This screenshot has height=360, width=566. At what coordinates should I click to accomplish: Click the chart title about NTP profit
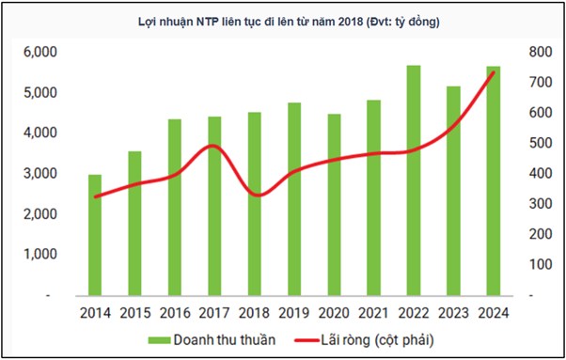pos(283,21)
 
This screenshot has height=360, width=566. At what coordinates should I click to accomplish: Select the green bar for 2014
pos(95,235)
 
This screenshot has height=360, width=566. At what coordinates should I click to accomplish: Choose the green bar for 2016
pos(175,207)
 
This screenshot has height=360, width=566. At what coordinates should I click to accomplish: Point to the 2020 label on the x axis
pos(334,311)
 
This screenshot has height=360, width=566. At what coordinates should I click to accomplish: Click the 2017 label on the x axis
pos(214,311)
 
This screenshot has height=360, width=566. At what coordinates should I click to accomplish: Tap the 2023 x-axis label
pos(453,311)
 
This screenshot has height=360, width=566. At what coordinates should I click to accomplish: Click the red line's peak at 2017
pos(213,146)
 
